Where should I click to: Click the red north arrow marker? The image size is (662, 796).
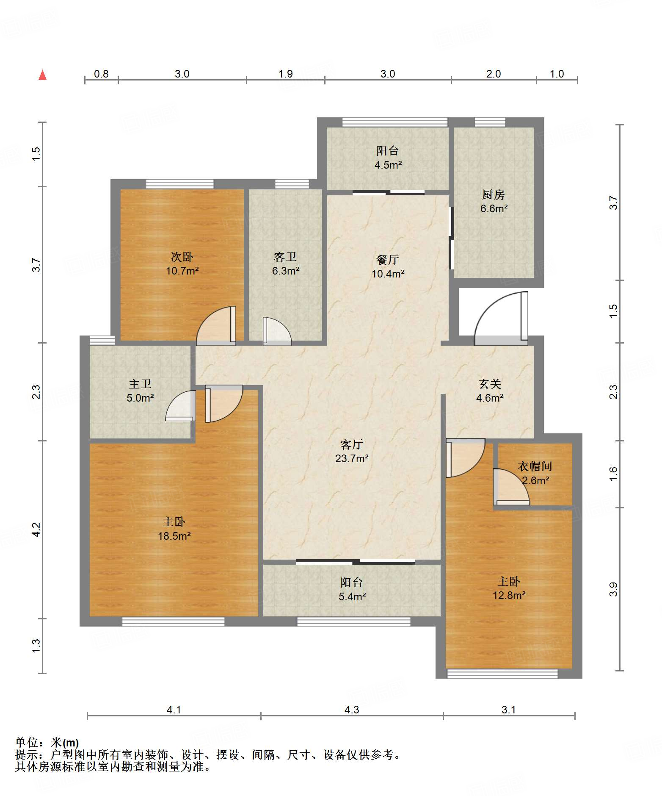tap(42, 75)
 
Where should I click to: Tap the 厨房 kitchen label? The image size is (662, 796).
tap(494, 194)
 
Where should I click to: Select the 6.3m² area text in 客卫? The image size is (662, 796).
tap(286, 271)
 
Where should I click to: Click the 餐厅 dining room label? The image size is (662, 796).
tap(388, 259)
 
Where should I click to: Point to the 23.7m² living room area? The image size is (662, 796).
tap(352, 458)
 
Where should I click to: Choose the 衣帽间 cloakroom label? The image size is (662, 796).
tap(535, 466)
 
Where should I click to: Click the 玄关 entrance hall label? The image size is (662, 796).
tap(490, 384)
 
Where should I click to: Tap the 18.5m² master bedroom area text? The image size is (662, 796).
tap(174, 536)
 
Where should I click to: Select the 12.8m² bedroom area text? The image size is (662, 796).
tap(509, 595)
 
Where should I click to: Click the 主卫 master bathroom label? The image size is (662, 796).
tap(140, 384)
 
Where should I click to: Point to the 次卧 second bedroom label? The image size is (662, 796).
tap(182, 257)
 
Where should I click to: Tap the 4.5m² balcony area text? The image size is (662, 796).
tap(388, 165)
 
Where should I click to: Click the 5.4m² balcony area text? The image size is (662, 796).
tap(352, 596)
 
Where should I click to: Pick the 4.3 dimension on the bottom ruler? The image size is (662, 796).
tap(352, 710)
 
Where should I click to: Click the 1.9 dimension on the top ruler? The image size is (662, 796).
tap(286, 74)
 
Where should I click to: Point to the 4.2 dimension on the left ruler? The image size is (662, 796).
tap(36, 530)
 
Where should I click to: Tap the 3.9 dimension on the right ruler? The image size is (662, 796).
tap(613, 589)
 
